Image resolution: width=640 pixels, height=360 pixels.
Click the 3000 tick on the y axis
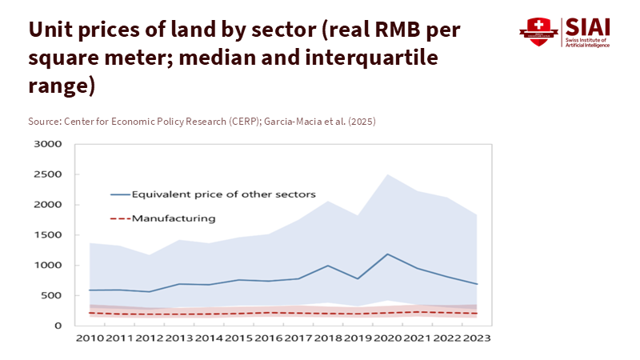coord(48,144)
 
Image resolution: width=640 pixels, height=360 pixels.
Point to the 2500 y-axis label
coord(48,174)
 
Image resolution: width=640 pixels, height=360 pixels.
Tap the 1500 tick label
coord(48,235)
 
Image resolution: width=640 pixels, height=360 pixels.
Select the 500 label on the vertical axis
coord(52,295)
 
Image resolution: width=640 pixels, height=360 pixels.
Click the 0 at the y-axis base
coord(59,326)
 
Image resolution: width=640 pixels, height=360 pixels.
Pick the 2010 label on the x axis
coord(90,339)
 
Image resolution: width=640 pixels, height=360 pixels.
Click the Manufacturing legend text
coord(174,218)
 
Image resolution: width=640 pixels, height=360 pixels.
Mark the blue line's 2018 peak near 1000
coord(327,266)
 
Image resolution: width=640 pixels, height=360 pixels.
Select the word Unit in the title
coord(50,30)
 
